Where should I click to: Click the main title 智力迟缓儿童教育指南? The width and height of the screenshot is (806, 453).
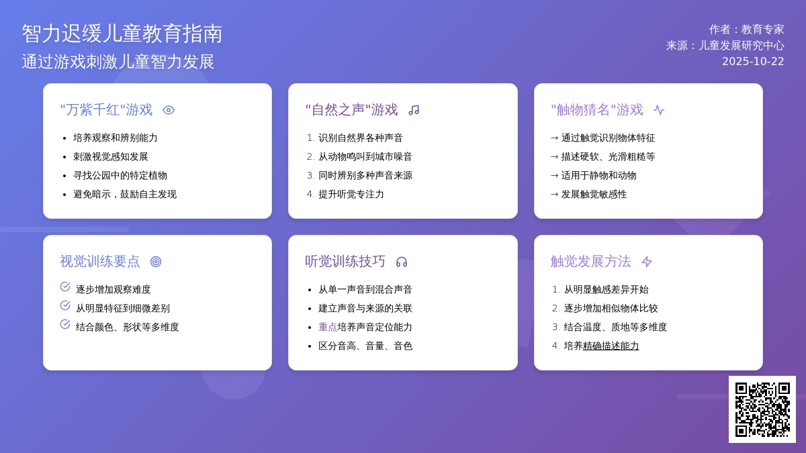click(x=122, y=34)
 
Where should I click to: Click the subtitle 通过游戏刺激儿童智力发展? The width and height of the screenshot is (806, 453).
click(x=118, y=62)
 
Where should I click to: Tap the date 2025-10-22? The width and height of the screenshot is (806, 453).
click(x=753, y=62)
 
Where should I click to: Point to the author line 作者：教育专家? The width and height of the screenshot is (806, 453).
click(x=746, y=30)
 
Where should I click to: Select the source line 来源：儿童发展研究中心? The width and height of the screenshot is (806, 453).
click(x=725, y=46)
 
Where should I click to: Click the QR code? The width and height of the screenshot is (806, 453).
click(x=762, y=409)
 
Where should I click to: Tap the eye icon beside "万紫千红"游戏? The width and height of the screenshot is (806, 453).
click(x=169, y=110)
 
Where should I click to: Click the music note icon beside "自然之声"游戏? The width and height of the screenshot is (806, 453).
click(x=414, y=110)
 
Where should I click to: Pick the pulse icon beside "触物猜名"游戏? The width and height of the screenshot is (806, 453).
click(x=659, y=110)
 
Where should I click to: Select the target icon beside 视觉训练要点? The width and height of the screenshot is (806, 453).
click(x=156, y=262)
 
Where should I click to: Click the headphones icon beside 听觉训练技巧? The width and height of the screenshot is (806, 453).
click(x=402, y=262)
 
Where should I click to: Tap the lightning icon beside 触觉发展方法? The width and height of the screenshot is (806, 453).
click(x=647, y=262)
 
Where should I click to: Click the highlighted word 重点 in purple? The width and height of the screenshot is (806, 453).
click(x=328, y=328)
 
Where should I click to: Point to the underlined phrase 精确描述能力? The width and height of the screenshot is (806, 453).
click(x=611, y=346)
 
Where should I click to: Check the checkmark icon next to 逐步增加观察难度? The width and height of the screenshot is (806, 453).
click(x=65, y=287)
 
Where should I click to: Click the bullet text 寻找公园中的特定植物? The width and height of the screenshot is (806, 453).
click(x=120, y=176)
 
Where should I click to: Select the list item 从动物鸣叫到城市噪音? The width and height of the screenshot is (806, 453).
click(x=365, y=157)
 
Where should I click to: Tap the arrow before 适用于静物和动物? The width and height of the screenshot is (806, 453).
click(x=555, y=176)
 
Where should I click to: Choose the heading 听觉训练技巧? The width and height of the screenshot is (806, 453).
click(x=345, y=262)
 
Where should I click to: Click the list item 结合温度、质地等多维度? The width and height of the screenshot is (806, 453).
click(x=615, y=328)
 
